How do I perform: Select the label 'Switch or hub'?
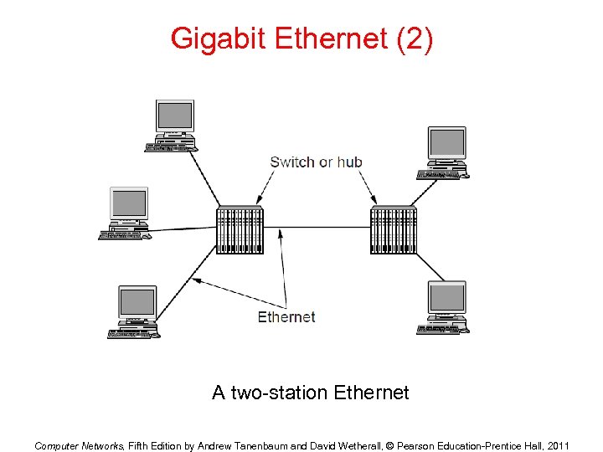pos(316,162)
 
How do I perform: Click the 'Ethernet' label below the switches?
pos(286,316)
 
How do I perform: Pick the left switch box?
pos(240,229)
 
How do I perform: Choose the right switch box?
pos(394,229)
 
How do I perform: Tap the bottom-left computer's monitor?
pos(137,301)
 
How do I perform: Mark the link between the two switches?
pos(317,229)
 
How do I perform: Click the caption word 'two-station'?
pos(279,393)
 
